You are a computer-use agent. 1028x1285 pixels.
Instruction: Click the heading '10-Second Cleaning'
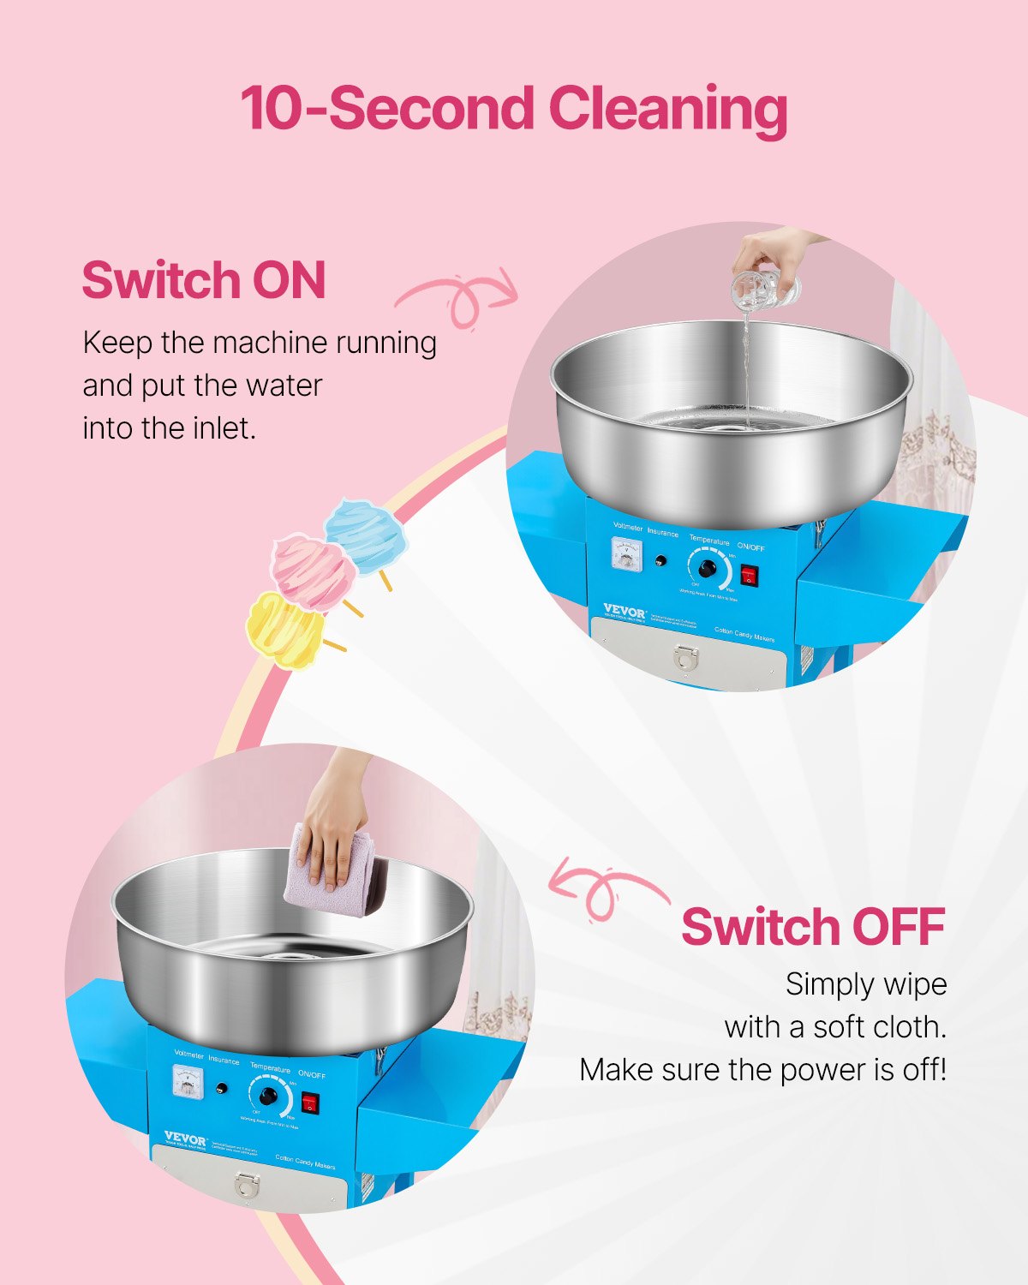pos(513,109)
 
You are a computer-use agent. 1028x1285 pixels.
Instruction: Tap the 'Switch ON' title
pos(204,280)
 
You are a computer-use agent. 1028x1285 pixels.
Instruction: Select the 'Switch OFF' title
pos(813,926)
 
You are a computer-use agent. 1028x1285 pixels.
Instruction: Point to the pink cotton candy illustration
pos(313,571)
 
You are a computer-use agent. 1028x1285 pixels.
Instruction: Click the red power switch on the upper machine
pos(750,574)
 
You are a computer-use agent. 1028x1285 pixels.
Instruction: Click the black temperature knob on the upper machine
pos(708,569)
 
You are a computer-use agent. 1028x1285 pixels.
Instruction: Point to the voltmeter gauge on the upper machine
pos(630,554)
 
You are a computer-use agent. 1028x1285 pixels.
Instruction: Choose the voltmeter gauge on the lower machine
pos(189,1082)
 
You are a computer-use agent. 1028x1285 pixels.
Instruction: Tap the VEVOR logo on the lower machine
pos(185,1139)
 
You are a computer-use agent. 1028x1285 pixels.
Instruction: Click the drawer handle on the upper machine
pos(686,656)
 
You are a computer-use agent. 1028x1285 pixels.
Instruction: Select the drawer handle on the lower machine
pos(247,1185)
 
